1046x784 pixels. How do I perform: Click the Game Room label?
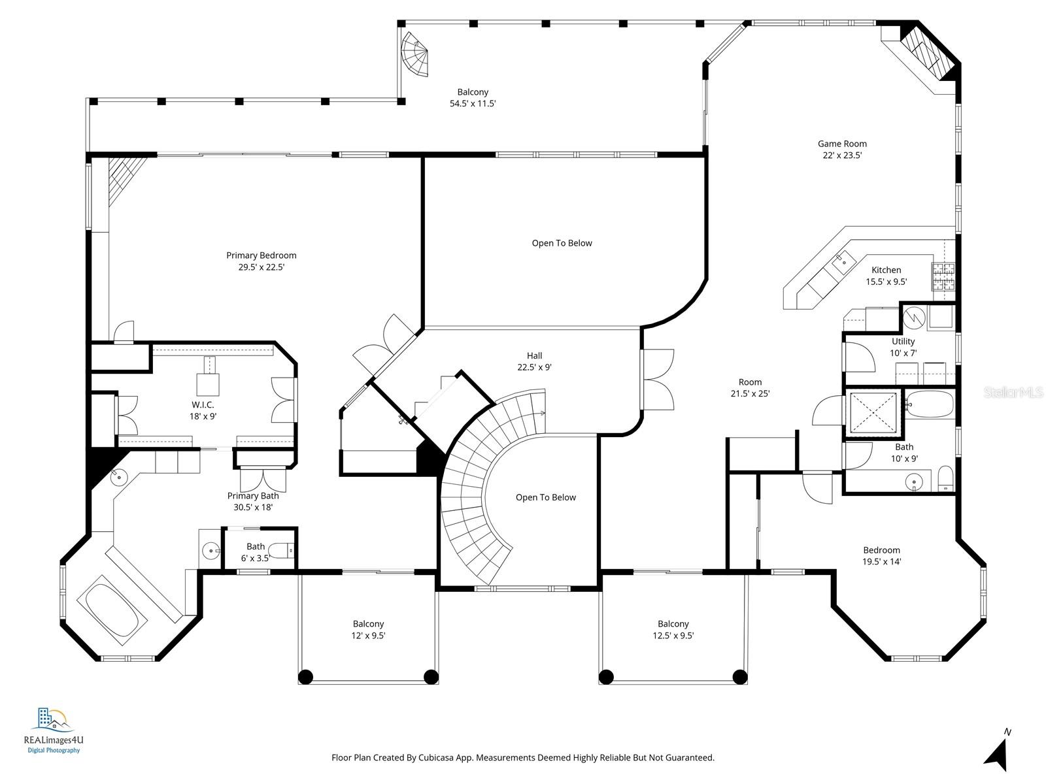click(842, 144)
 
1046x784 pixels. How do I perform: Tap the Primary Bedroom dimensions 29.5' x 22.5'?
click(261, 267)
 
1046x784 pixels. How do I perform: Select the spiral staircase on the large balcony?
click(416, 55)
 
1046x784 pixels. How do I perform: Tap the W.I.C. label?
click(203, 405)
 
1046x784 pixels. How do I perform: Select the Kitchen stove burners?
click(943, 276)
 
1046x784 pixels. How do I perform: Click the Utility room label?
click(903, 341)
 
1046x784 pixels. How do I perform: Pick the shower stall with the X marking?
click(873, 413)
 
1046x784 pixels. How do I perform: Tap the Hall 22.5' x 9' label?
click(534, 361)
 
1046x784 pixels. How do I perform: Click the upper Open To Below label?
click(562, 243)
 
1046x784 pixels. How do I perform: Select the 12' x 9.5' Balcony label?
click(368, 629)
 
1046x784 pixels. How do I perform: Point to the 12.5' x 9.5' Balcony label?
click(673, 629)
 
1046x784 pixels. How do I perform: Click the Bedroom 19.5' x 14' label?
click(881, 555)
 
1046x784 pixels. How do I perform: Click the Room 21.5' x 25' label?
click(750, 387)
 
